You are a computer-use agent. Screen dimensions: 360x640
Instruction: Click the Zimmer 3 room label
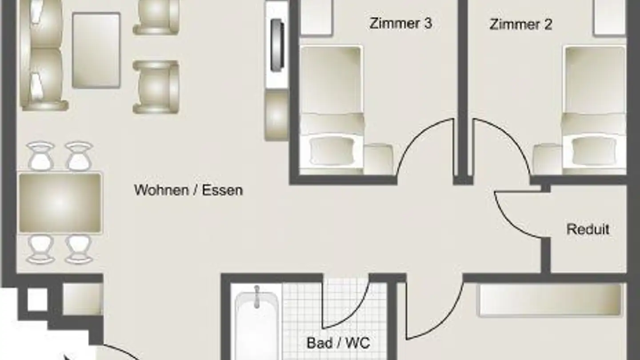click(x=400, y=24)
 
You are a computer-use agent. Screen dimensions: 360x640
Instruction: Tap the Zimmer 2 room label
click(x=520, y=24)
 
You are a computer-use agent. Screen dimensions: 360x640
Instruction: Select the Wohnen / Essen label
click(x=188, y=190)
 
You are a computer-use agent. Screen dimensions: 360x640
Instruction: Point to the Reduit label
click(x=588, y=229)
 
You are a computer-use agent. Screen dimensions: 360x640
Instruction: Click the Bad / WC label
click(x=338, y=343)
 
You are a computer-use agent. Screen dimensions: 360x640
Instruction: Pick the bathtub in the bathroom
click(x=256, y=324)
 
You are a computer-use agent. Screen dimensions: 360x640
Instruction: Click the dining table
click(x=60, y=203)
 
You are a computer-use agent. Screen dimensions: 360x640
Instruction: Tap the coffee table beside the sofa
click(x=96, y=50)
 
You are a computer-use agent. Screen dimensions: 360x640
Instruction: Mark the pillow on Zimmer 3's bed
click(x=332, y=151)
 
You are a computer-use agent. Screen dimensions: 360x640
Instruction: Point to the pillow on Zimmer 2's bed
click(x=594, y=151)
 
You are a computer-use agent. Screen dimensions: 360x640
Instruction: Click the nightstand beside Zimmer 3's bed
click(x=378, y=159)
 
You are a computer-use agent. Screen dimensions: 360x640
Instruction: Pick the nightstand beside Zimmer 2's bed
click(x=547, y=159)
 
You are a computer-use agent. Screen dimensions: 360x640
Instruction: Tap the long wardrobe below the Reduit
click(x=549, y=300)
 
